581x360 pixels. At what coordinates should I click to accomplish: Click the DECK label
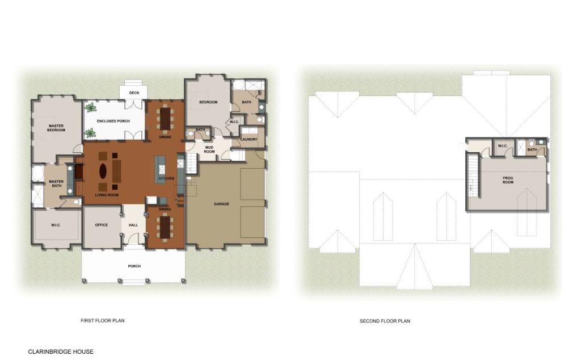pyautogui.click(x=134, y=93)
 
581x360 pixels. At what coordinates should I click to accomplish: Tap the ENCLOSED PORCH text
pyautogui.click(x=113, y=122)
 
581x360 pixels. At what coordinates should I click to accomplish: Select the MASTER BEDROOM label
pyautogui.click(x=56, y=128)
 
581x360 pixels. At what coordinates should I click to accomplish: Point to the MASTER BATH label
pyautogui.click(x=56, y=183)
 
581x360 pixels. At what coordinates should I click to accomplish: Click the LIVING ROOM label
pyautogui.click(x=107, y=195)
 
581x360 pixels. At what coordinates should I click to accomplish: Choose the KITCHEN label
pyautogui.click(x=166, y=178)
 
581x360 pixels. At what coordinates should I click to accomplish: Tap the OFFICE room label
pyautogui.click(x=101, y=225)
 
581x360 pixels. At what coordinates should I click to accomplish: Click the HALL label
pyautogui.click(x=133, y=225)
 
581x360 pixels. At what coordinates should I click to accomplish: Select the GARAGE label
pyautogui.click(x=221, y=204)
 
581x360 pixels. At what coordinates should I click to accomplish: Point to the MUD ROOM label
pyautogui.click(x=209, y=149)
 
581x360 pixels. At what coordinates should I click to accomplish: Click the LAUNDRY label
pyautogui.click(x=249, y=140)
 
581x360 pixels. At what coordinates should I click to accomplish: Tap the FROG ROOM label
pyautogui.click(x=508, y=180)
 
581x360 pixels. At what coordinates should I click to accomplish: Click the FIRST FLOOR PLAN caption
pyautogui.click(x=103, y=321)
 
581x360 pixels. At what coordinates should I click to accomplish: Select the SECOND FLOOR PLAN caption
pyautogui.click(x=385, y=321)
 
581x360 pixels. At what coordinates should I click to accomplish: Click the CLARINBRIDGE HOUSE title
pyautogui.click(x=61, y=351)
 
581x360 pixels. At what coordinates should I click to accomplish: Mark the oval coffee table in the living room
pyautogui.click(x=103, y=171)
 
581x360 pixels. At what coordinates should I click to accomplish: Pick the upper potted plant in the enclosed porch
pyautogui.click(x=90, y=108)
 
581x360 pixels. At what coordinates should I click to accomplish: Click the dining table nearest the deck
pyautogui.click(x=165, y=118)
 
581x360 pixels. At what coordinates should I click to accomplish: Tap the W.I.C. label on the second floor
pyautogui.click(x=503, y=146)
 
